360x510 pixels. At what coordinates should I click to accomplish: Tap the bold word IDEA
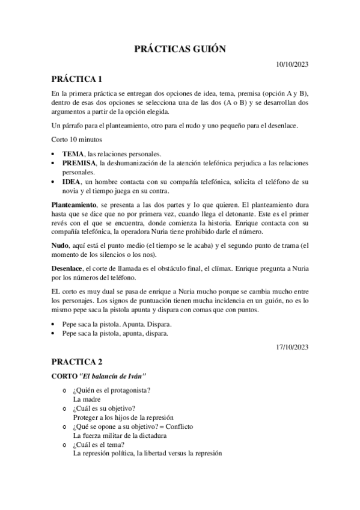pos(72,181)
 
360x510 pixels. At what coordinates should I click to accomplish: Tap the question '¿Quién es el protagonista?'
pos(111,390)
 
